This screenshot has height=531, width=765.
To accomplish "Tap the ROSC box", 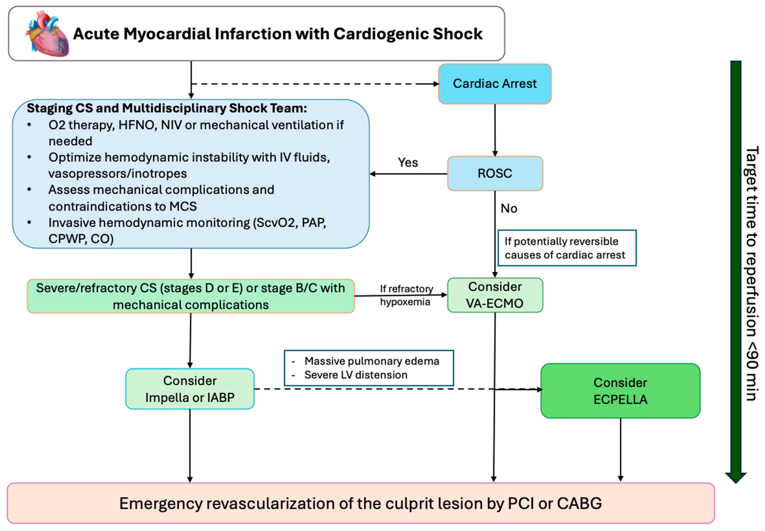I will (x=495, y=173).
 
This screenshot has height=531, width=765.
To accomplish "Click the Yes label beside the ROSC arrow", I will (x=408, y=162).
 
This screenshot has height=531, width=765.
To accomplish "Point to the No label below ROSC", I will (x=509, y=209).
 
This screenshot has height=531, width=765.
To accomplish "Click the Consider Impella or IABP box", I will (x=190, y=389).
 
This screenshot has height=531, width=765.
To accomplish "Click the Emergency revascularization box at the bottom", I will (x=360, y=503).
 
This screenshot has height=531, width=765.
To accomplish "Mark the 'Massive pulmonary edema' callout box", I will (x=369, y=368).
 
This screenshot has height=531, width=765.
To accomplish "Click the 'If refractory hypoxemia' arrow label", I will (x=406, y=295).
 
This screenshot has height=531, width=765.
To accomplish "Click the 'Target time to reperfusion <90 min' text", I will (x=751, y=273).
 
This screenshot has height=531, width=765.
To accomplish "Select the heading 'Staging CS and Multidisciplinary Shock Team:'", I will (x=167, y=108).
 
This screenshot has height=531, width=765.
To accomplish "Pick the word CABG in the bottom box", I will (x=579, y=503).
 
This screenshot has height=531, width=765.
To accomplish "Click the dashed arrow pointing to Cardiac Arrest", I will (x=313, y=84).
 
